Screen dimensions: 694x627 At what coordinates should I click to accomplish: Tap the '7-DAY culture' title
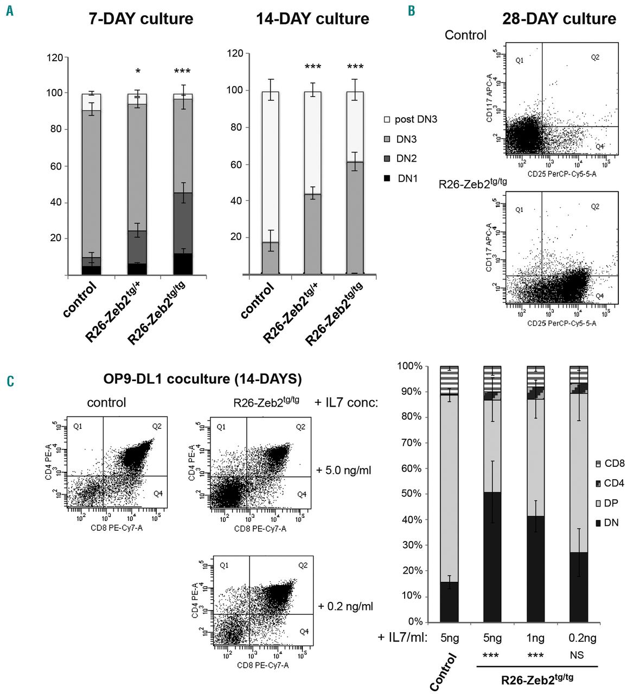pos(140,19)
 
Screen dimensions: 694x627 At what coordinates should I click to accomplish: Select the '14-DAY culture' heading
pos(312,19)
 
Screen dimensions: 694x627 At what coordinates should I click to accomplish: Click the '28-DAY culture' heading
pos(559,19)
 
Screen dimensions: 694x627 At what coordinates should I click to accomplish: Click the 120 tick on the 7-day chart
pos(55,57)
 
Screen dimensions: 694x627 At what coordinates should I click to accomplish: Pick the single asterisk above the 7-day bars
pos(138,72)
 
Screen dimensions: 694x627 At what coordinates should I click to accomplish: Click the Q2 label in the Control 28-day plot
pos(595,57)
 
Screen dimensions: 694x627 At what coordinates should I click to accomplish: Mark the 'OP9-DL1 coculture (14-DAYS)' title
pos(202,378)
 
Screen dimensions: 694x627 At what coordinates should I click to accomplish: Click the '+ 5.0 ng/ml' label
pos(344,470)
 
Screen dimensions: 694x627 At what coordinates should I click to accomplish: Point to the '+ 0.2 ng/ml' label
pos(346,606)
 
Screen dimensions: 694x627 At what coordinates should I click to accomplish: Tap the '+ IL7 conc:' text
pos(346,402)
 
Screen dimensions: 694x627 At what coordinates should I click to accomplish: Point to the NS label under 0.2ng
pos(577,656)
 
